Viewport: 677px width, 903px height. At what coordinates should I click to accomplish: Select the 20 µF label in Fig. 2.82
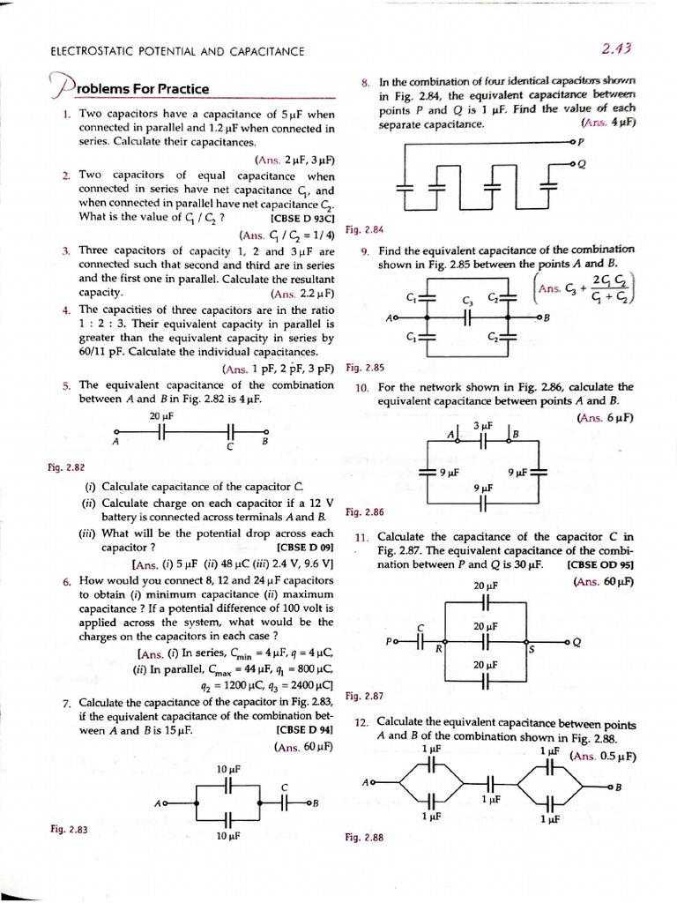point(161,416)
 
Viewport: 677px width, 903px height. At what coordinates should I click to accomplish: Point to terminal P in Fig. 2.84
point(582,140)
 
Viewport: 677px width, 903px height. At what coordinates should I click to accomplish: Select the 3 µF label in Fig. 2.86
point(482,426)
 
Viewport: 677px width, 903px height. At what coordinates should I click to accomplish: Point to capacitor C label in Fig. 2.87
point(420,627)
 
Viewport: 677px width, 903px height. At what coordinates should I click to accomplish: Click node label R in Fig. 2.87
point(437,650)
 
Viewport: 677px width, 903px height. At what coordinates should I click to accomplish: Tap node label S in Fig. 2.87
point(531,650)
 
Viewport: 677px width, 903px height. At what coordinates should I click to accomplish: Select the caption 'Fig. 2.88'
point(365,838)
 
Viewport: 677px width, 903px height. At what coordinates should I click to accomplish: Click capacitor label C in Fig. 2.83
point(284,787)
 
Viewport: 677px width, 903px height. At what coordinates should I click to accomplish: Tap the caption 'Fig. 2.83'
point(68,829)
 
